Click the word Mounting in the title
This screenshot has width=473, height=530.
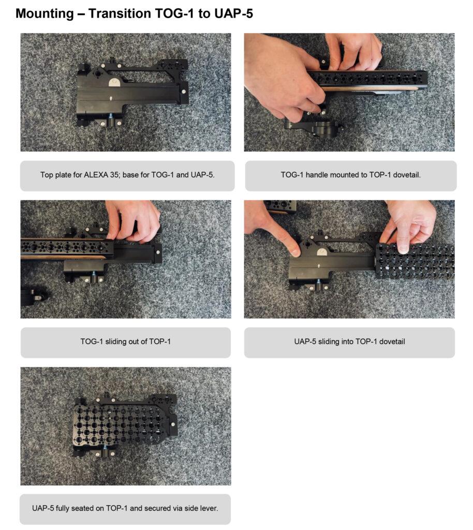coord(45,14)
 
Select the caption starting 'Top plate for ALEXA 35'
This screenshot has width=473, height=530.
coord(127,175)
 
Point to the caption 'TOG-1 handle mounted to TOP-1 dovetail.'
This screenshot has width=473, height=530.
coord(351,175)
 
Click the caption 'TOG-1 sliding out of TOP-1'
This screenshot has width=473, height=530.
coord(125,342)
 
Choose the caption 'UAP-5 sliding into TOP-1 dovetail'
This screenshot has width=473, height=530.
coord(349,342)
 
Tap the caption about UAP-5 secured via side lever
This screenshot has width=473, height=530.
coord(125,508)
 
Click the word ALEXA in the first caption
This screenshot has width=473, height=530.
coord(96,175)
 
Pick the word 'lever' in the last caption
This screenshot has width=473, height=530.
coord(210,508)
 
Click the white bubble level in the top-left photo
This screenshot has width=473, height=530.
coord(114,82)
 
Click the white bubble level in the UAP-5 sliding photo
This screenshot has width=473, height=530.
coord(322,252)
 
